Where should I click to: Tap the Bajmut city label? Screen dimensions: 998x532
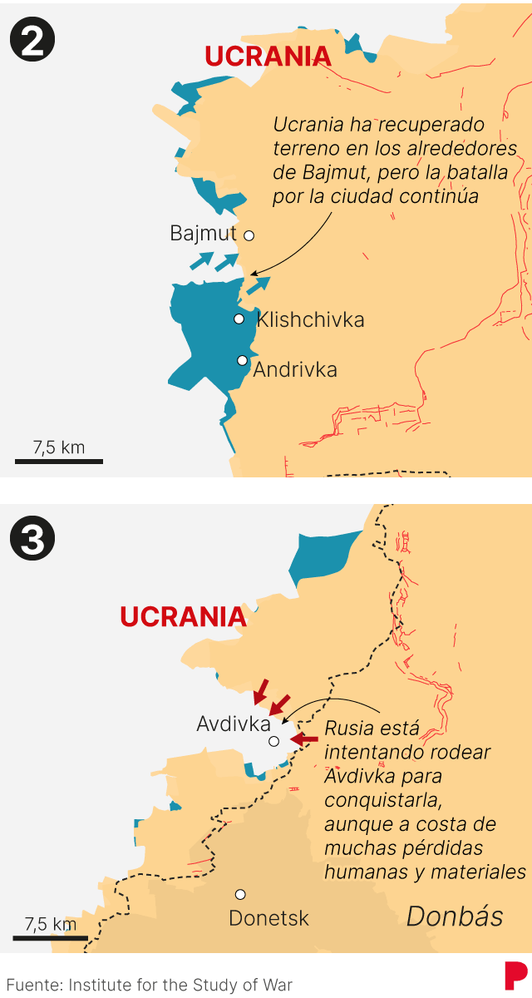coord(203,234)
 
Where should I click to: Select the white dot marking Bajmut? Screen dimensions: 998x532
coord(249,235)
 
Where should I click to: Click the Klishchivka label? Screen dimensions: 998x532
coord(310,320)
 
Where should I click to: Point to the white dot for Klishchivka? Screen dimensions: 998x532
coord(239,319)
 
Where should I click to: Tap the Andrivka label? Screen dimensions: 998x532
coord(295,369)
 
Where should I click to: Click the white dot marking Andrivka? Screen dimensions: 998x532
coord(242,360)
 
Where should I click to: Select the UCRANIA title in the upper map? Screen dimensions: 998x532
coord(268,57)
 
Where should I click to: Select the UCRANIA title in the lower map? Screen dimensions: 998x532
coord(183,617)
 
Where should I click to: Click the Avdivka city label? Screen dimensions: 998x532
coord(234,724)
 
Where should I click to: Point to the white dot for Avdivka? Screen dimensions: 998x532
coord(273,740)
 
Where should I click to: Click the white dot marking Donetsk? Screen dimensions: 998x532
coord(240,894)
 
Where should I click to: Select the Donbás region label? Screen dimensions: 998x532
coord(455,916)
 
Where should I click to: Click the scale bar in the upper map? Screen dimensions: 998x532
coord(59,460)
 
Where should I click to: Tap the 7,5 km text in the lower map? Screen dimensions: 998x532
coord(51,923)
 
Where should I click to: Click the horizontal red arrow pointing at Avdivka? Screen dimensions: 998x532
coord(305,739)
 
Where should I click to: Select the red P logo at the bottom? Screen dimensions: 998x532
coord(515,976)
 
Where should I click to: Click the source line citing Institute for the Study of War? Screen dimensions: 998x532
coord(150,985)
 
